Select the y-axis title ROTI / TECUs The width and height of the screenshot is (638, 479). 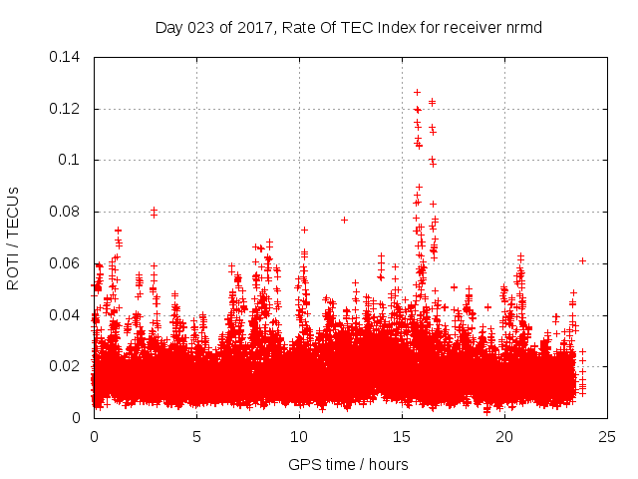point(13,238)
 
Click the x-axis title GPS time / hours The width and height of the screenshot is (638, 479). point(348,464)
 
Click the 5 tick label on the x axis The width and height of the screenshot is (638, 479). point(196,436)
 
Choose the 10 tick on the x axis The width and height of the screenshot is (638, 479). point(299,436)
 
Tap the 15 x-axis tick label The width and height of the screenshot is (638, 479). point(402,436)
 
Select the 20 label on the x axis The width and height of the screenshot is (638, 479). point(504,436)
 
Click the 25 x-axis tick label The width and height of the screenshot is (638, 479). point(607,436)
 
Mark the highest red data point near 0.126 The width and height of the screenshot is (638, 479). point(417,92)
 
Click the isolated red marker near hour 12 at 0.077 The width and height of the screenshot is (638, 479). point(344,220)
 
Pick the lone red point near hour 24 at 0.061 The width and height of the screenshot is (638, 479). point(582,260)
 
